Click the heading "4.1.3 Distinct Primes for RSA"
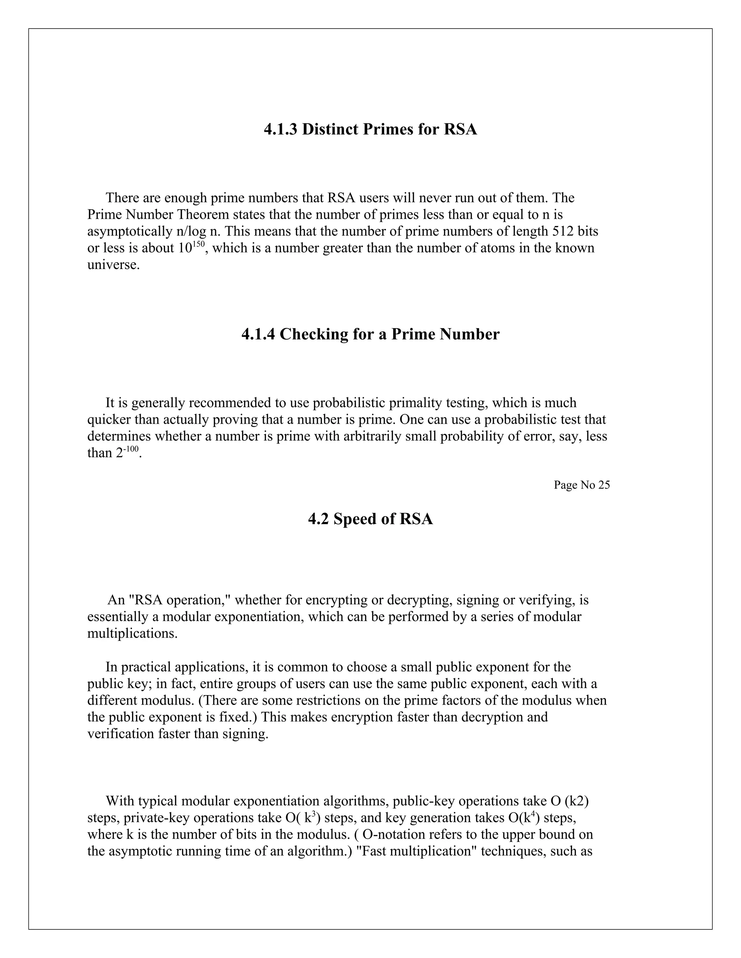370,129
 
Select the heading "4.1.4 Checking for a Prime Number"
370,334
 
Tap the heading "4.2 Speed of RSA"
370,519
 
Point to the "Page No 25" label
582,485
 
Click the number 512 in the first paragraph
562,231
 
